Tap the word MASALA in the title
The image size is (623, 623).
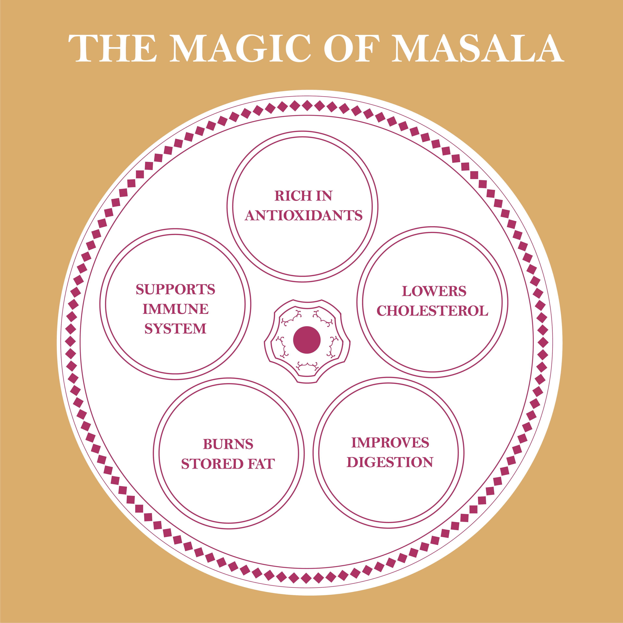[477, 48]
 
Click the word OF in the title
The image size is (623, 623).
[351, 48]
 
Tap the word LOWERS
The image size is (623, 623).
[434, 291]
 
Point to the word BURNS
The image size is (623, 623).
[228, 444]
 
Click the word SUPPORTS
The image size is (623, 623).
[175, 289]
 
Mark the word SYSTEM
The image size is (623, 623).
[175, 329]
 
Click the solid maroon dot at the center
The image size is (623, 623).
[307, 340]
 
